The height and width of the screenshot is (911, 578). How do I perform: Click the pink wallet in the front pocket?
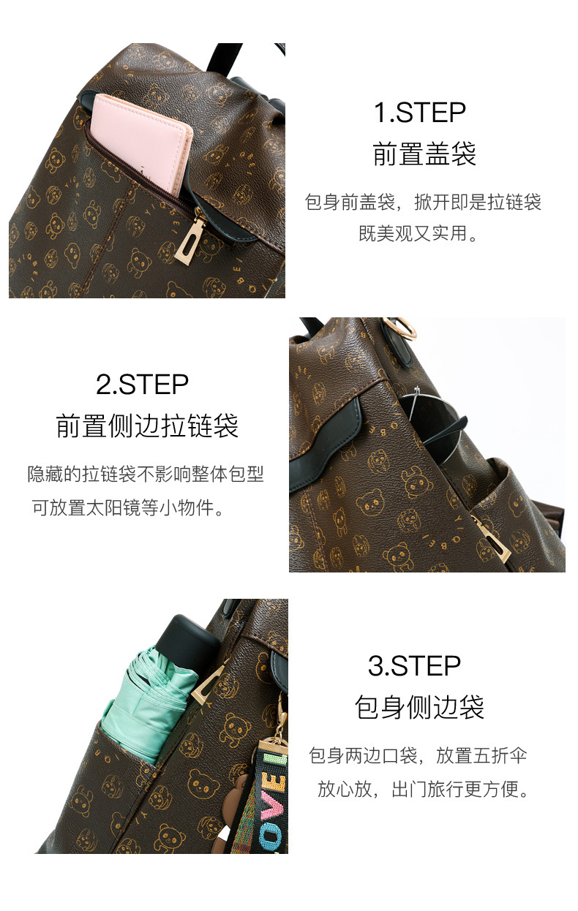click(x=143, y=143)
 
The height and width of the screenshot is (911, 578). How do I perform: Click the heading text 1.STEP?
click(x=419, y=113)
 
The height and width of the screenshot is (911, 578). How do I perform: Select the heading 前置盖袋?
click(x=424, y=155)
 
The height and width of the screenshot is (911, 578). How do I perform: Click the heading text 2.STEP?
click(x=142, y=385)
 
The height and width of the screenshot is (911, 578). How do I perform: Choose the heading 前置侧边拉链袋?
click(x=147, y=426)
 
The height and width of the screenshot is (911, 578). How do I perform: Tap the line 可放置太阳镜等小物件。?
click(x=128, y=507)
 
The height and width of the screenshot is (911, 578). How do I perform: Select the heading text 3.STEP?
click(x=414, y=666)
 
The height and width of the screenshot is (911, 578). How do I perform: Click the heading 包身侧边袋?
click(x=419, y=708)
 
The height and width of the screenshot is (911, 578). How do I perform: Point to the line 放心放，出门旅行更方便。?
click(x=423, y=790)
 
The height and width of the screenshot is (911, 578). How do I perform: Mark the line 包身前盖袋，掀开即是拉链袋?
click(x=423, y=203)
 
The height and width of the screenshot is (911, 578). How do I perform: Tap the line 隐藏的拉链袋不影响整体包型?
click(x=146, y=474)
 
